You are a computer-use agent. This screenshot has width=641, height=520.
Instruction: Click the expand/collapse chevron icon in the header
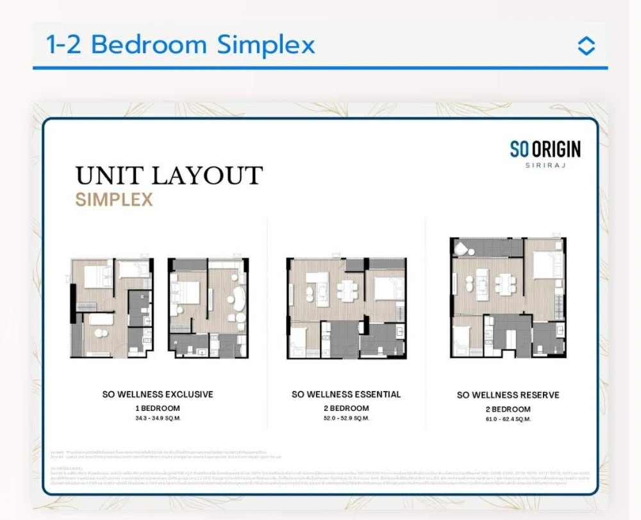pos(586,46)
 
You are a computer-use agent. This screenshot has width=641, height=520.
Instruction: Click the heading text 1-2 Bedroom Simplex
pos(181,45)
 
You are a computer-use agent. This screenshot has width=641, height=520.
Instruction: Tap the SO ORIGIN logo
pos(545,149)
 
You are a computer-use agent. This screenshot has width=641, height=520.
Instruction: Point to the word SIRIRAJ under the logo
pos(545,166)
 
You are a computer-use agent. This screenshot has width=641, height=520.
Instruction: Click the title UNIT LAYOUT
pos(169,175)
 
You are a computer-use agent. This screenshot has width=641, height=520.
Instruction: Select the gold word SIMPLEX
pos(114,200)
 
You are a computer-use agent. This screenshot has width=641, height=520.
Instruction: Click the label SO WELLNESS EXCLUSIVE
pos(158,394)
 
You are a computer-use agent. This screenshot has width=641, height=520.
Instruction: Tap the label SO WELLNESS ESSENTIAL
pos(346,394)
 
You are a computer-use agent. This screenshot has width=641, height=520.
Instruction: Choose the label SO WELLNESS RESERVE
pos(508,395)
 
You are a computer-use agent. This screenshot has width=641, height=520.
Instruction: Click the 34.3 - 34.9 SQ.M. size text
pos(158,418)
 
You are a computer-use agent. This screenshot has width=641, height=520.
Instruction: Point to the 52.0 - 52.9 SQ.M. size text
pos(346,418)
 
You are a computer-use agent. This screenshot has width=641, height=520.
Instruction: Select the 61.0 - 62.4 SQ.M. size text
pos(508,419)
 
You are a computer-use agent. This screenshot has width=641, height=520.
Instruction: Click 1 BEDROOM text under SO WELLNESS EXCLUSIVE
pos(158,408)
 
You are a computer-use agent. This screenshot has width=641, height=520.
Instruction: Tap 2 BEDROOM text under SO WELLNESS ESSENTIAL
pos(346,408)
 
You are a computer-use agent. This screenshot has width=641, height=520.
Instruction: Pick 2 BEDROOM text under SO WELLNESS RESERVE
pos(508,409)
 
